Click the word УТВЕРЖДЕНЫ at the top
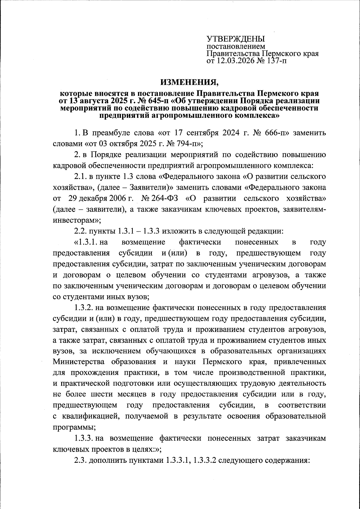236,39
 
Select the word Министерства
79,362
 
